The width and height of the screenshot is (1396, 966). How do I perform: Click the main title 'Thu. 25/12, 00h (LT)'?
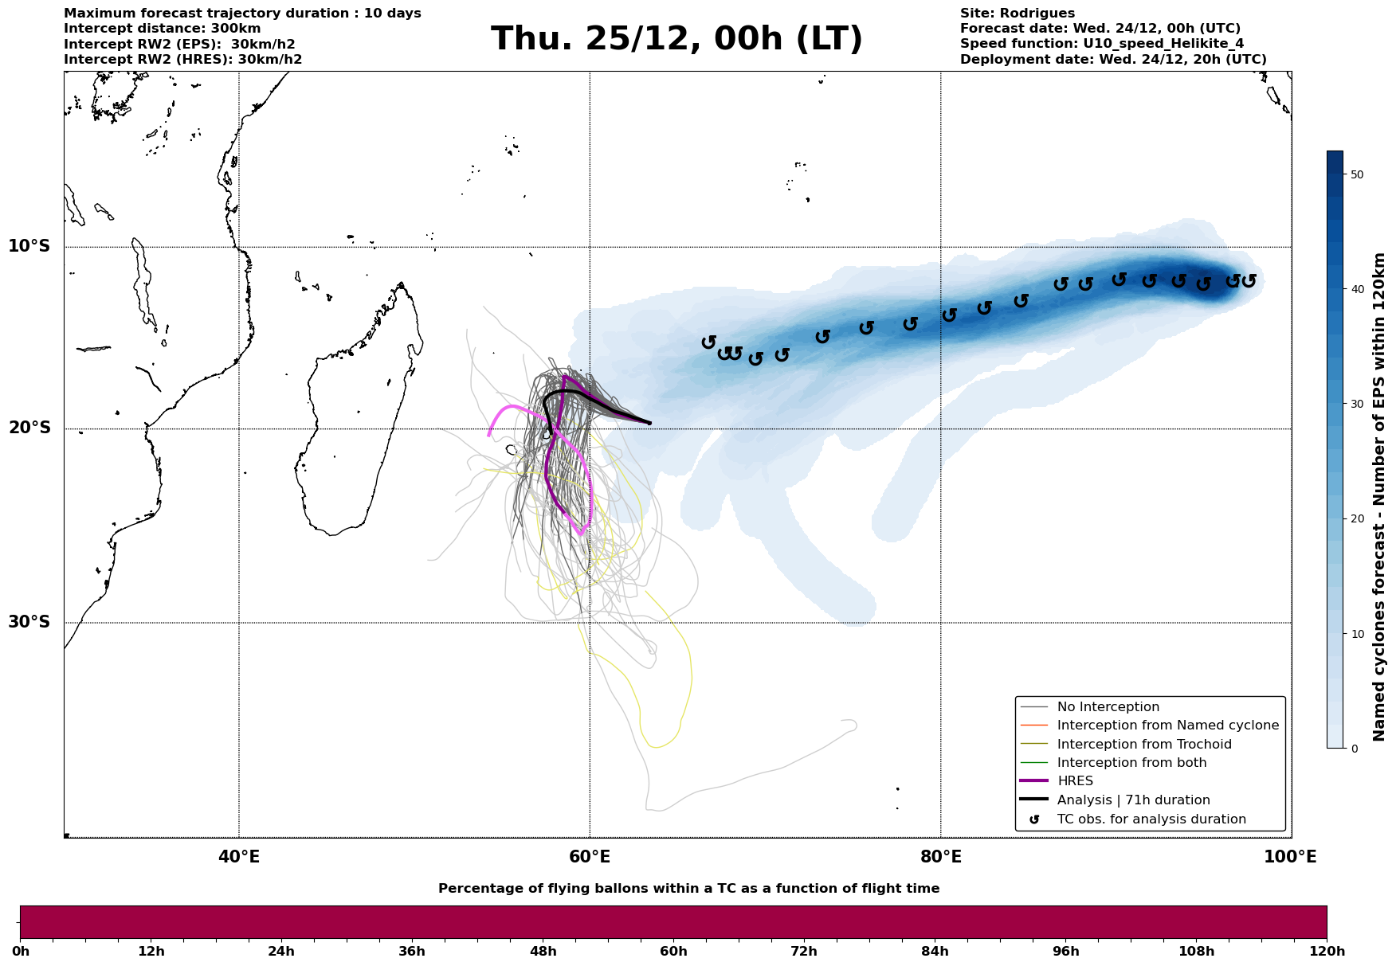click(676, 38)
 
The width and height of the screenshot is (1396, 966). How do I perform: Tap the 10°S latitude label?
click(29, 246)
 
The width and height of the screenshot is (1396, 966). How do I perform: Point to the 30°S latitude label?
click(29, 622)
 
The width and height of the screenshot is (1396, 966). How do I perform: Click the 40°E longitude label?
click(238, 857)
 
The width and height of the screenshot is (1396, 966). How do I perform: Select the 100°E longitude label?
click(1291, 857)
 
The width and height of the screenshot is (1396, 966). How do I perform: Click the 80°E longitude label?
click(940, 857)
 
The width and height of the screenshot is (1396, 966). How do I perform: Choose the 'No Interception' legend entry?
click(1108, 707)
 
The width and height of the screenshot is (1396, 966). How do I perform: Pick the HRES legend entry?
click(1075, 781)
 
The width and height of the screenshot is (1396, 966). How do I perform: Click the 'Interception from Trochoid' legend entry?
click(1143, 745)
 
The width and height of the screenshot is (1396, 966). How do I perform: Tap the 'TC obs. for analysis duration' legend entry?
click(1151, 819)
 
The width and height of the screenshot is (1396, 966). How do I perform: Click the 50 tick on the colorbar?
click(1358, 174)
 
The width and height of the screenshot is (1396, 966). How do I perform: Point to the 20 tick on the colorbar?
click(1358, 519)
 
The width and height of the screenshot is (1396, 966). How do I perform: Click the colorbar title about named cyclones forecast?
click(1380, 497)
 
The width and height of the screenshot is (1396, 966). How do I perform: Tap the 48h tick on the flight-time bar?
click(543, 951)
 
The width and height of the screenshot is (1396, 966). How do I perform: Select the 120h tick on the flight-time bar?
click(1327, 951)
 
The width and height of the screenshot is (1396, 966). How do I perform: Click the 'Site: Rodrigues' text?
click(1017, 14)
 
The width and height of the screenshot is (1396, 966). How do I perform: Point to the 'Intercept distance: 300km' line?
click(162, 29)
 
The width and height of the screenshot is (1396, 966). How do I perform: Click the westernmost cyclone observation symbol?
click(708, 342)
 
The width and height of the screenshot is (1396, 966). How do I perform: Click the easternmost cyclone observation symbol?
click(1249, 280)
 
